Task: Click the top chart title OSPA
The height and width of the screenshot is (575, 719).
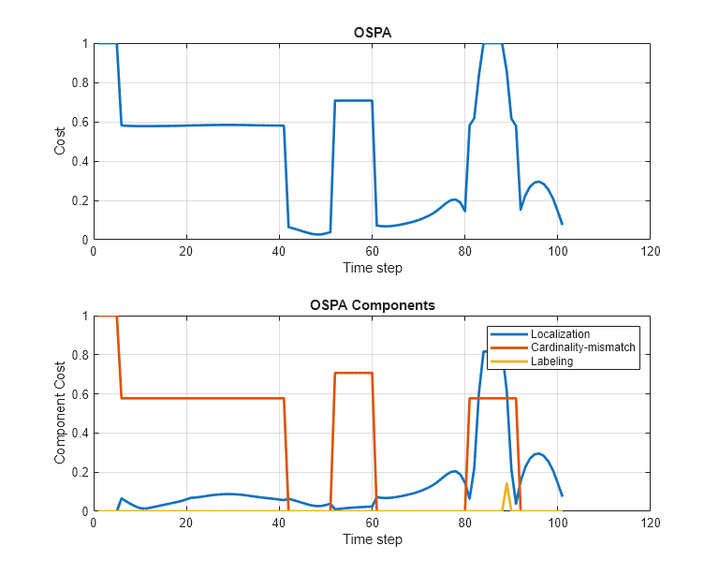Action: pyautogui.click(x=372, y=32)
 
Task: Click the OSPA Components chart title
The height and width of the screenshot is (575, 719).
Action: pyautogui.click(x=372, y=305)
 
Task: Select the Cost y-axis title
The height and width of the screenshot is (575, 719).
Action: pyautogui.click(x=60, y=141)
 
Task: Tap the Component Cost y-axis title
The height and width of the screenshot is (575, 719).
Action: pyautogui.click(x=60, y=414)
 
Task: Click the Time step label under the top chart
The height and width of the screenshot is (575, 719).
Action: pyautogui.click(x=372, y=268)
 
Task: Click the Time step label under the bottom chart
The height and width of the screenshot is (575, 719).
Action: pyautogui.click(x=372, y=539)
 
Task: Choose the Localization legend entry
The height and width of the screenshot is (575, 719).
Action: pyautogui.click(x=559, y=334)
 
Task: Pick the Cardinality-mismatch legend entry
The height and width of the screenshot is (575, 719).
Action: pyautogui.click(x=582, y=347)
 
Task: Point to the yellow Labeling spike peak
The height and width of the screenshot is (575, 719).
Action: pyautogui.click(x=506, y=483)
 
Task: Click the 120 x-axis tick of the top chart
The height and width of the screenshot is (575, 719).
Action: pyautogui.click(x=650, y=251)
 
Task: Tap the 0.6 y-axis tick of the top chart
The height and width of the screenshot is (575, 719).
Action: pyautogui.click(x=81, y=122)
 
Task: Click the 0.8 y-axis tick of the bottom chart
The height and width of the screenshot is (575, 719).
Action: pyautogui.click(x=81, y=356)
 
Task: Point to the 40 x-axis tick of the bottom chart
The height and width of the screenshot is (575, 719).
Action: pyautogui.click(x=279, y=523)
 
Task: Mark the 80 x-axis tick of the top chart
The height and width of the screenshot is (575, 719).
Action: pyautogui.click(x=464, y=251)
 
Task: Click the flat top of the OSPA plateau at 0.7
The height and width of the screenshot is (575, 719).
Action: pyautogui.click(x=353, y=100)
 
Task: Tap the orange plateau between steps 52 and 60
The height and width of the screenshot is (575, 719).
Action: pyautogui.click(x=353, y=373)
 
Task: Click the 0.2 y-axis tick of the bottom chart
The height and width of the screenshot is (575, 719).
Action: pyautogui.click(x=81, y=473)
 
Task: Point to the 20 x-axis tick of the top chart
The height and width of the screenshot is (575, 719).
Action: pyautogui.click(x=186, y=251)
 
